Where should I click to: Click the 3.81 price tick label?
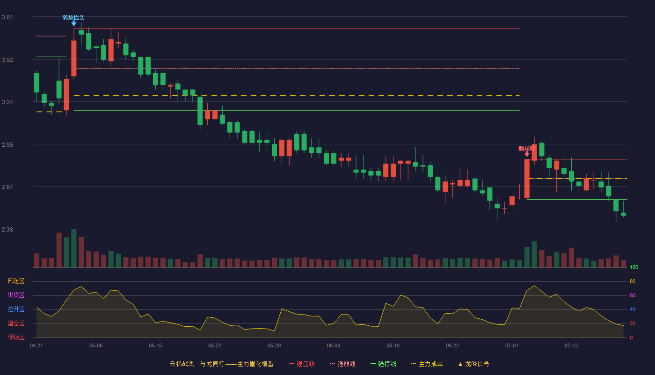[7, 17]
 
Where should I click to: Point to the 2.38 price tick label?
[7, 229]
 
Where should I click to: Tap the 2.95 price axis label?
[7, 145]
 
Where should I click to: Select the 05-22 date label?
[215, 346]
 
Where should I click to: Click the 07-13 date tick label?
[571, 346]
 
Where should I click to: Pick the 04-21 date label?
[36, 346]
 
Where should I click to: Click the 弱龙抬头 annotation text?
[73, 18]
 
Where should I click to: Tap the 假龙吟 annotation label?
[527, 148]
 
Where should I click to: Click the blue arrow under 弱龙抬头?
[74, 23]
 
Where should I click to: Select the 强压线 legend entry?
[302, 364]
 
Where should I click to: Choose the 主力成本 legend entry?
[427, 364]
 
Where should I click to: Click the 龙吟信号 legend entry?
[473, 364]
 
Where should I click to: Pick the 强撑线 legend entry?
[383, 364]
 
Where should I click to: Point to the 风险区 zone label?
[16, 281]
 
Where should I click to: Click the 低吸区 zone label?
[16, 337]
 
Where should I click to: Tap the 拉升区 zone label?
[16, 309]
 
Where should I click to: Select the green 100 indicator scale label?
[634, 267]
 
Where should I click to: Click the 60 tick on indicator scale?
[633, 295]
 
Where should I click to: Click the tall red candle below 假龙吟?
[527, 179]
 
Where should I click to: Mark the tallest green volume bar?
[74, 248]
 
